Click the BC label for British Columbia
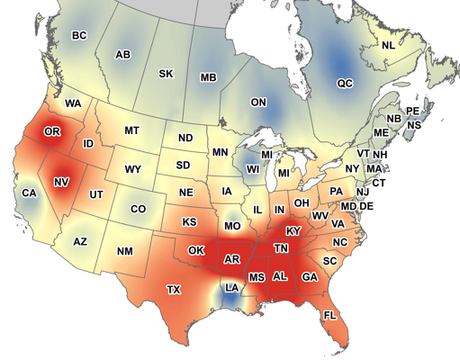pos(78,35)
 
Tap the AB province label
pos(123,55)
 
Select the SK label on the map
pos(166,74)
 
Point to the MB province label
pos(208,78)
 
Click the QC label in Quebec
pos(345,83)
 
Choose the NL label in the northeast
pos(388,45)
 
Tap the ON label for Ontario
pos(258,103)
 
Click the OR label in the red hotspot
pos(52,132)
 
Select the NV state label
pos(61,182)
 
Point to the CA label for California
pos(29,193)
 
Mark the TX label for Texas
pos(174,289)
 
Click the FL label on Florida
pos(329,315)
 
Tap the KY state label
pos(293,231)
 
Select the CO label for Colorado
pos(138,209)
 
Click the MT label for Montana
pos(131,130)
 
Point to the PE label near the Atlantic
pos(413,111)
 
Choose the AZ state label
pos(80,241)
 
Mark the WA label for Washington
pos(73,103)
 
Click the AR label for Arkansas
pos(231,259)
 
